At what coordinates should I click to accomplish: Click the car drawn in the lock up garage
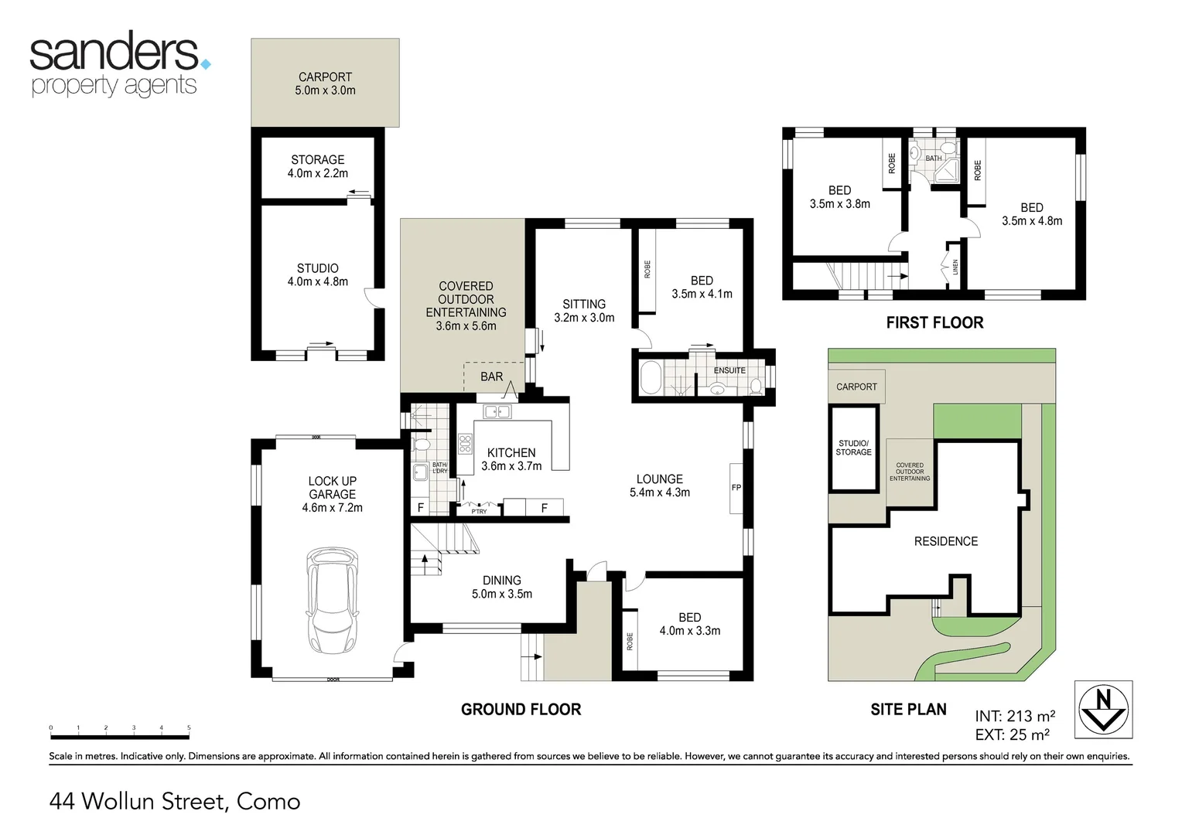[333, 601]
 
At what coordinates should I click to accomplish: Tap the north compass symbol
[1103, 709]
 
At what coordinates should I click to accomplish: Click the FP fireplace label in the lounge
[736, 487]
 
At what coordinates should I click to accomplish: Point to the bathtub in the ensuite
[651, 377]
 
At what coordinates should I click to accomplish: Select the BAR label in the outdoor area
[491, 377]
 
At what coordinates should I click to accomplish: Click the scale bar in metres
[120, 736]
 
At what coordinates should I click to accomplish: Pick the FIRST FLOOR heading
[934, 322]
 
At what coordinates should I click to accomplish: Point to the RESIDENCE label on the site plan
[945, 541]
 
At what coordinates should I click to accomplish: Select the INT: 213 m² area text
[1014, 716]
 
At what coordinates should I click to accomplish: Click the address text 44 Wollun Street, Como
[175, 801]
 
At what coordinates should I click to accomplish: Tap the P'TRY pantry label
[479, 511]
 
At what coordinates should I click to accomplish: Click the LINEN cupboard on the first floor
[955, 267]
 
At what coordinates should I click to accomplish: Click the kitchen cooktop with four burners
[465, 443]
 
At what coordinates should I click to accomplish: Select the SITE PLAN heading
[908, 709]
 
